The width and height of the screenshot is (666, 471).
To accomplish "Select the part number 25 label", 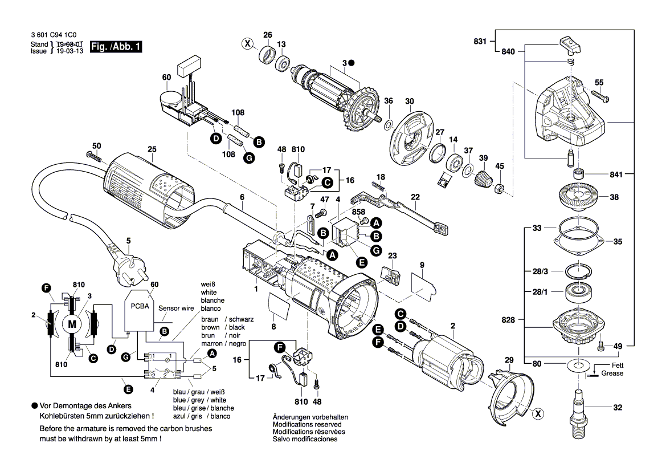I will pyautogui.click(x=152, y=150).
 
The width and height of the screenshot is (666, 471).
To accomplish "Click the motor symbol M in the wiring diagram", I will pyautogui.click(x=72, y=324).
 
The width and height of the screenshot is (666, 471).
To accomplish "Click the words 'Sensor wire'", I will pyautogui.click(x=176, y=308).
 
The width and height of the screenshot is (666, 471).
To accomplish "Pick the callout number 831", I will pyautogui.click(x=480, y=41).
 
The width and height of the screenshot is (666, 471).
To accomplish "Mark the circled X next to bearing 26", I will pyautogui.click(x=247, y=43).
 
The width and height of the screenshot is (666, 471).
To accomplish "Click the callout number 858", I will pyautogui.click(x=358, y=212).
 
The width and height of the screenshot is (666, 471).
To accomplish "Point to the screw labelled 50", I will pyautogui.click(x=94, y=155).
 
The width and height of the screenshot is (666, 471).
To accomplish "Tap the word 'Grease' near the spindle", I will pyautogui.click(x=612, y=373).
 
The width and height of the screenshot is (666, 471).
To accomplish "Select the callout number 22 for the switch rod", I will pyautogui.click(x=416, y=197).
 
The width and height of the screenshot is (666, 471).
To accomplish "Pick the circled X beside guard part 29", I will pyautogui.click(x=537, y=414).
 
